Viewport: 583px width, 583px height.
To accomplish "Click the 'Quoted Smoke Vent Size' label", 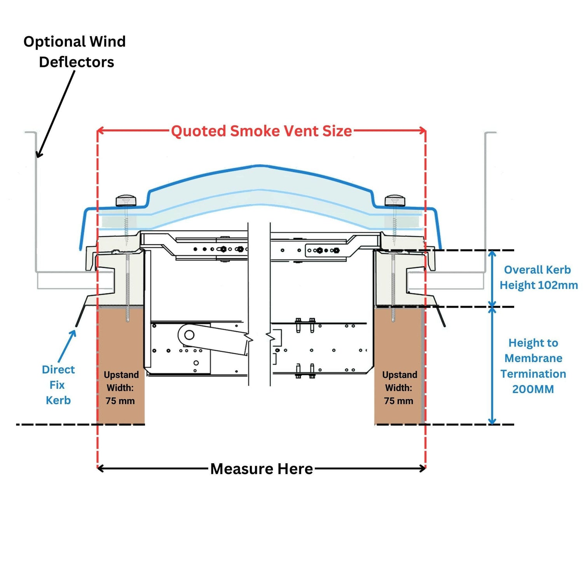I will pos(261,131).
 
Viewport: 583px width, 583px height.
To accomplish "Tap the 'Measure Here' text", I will pos(261,469).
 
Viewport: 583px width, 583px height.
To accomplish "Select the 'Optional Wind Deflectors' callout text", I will pos(75,52).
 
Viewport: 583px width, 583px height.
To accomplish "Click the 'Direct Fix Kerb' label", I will pos(58,385).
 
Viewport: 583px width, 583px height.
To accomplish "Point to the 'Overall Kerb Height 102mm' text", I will pos(538,278).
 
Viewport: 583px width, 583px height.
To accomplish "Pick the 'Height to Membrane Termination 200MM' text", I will pos(533,366).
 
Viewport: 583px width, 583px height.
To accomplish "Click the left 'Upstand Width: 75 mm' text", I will pos(121,388).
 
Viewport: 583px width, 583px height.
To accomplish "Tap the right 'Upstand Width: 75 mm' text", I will pos(399,388).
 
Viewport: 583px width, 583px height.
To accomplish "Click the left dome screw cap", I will pos(126,201).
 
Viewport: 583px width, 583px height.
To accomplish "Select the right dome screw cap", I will pos(395,201).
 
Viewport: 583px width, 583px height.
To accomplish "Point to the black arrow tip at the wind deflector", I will pos(38,156).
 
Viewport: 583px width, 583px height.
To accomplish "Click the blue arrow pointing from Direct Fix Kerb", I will pos(67,346).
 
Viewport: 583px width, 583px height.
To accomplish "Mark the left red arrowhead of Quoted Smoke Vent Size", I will pos(99,131).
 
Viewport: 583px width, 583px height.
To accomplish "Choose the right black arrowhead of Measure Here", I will pos(424,469).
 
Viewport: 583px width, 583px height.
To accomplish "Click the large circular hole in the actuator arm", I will pos(189,335).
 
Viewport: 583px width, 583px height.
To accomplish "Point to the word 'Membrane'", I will pos(533,358).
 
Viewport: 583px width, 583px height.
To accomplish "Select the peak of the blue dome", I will pos(261,166).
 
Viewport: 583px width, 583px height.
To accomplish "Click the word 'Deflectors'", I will pos(77,62).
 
